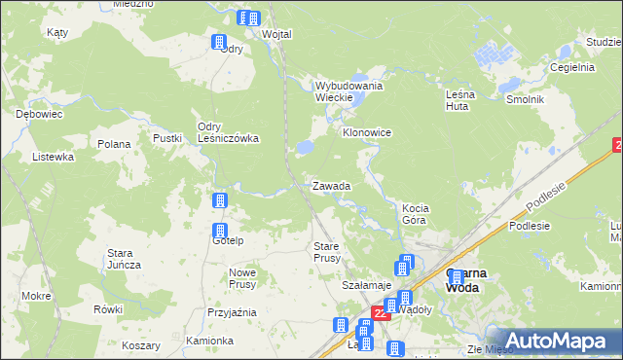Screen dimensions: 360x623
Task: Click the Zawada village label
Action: click(331, 185)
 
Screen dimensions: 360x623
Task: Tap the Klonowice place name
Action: click(366, 131)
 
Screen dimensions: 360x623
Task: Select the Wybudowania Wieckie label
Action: click(348, 91)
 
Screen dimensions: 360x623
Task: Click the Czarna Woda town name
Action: click(466, 280)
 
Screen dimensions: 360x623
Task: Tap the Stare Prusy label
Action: click(326, 252)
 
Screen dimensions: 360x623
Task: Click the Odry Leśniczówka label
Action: click(228, 132)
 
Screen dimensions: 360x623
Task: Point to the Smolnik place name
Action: click(524, 100)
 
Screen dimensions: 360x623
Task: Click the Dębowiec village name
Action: click(39, 114)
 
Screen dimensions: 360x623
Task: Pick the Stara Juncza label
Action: click(124, 259)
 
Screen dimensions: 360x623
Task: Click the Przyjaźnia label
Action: click(232, 312)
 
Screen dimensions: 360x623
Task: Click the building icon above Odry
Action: click(219, 42)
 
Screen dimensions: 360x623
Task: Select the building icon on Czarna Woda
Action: click(456, 278)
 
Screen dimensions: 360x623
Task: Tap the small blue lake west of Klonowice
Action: click(304, 147)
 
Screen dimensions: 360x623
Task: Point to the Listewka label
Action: click(53, 157)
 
